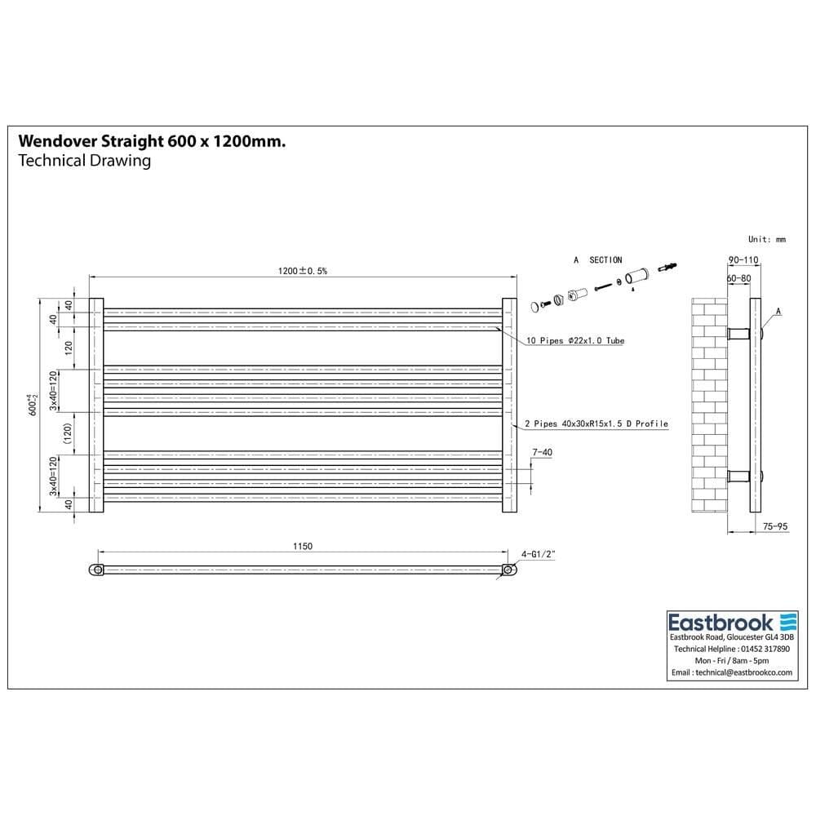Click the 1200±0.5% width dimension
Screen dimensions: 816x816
302,271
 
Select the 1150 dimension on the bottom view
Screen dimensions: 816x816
302,546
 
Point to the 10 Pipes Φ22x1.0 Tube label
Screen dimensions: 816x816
574,340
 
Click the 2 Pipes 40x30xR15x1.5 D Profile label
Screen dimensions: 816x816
596,424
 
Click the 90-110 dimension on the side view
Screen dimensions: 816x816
743,260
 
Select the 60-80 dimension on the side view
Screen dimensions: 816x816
738,278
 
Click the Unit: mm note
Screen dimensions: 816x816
766,239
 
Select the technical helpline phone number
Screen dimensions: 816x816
756,649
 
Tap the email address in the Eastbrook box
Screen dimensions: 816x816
743,673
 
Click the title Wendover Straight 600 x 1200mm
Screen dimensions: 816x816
152,141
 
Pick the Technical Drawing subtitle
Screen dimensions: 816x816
84,161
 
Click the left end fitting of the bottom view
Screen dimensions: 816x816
97,570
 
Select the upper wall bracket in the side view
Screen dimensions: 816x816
740,333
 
